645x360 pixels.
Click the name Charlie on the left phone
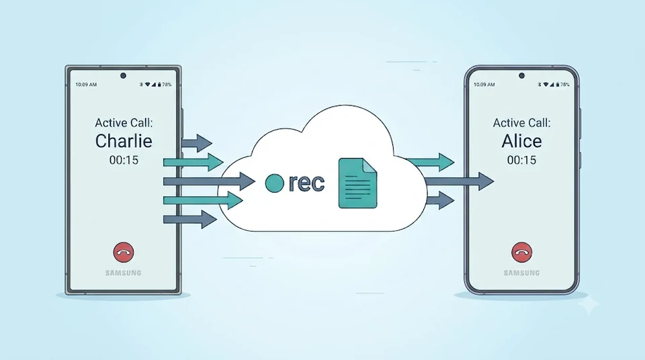coord(124,141)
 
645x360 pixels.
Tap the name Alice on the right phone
coord(521,141)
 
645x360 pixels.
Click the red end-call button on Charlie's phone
coord(124,253)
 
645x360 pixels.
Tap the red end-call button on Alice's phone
coord(521,253)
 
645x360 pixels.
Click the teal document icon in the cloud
coord(357,183)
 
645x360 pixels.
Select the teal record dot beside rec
coord(274,183)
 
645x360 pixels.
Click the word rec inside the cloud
coord(306,183)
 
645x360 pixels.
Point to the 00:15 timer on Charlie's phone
coord(124,160)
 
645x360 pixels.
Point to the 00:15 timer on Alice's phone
coord(521,160)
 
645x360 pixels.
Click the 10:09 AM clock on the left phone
coord(86,85)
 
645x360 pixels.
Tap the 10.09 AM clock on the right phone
coord(484,85)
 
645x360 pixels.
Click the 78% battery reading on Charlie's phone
coord(167,85)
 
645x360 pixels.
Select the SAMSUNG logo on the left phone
coord(124,273)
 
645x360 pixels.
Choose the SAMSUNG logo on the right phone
coord(521,273)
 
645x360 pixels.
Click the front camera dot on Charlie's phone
coord(123,76)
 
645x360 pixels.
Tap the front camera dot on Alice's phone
coord(521,76)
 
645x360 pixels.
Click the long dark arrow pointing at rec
coord(210,181)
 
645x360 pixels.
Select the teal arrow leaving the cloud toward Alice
coord(430,162)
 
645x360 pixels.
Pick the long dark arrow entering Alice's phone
coord(459,181)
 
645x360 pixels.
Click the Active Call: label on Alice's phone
coord(521,123)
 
